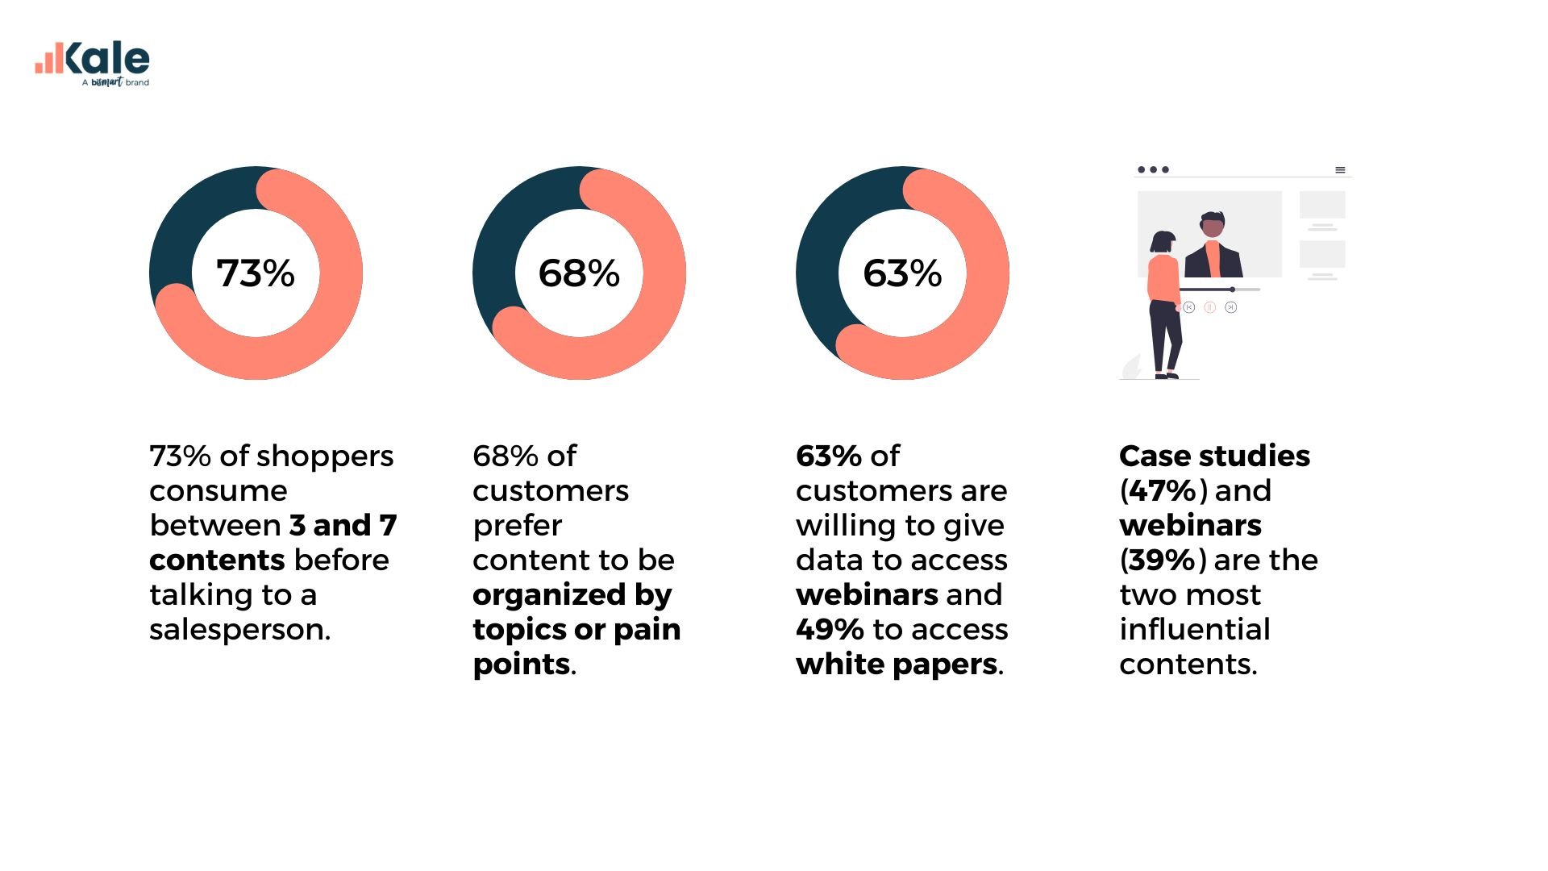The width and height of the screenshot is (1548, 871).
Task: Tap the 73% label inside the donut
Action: (x=256, y=273)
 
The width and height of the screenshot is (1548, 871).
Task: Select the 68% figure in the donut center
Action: (x=579, y=273)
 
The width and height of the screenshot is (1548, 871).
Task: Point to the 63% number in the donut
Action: (x=902, y=273)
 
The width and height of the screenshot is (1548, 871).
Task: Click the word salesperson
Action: (x=239, y=630)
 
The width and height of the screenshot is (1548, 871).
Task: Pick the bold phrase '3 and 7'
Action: (x=343, y=526)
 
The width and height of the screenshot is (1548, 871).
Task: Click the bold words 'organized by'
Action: (x=572, y=595)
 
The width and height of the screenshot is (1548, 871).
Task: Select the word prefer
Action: (x=517, y=526)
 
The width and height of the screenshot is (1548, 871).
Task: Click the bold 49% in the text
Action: (x=830, y=630)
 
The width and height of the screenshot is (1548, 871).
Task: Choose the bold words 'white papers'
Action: (x=897, y=665)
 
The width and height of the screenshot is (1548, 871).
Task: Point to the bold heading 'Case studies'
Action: (x=1214, y=456)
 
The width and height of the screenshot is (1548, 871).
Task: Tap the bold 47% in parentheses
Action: (x=1162, y=491)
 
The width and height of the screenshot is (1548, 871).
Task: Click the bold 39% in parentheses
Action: (x=1162, y=561)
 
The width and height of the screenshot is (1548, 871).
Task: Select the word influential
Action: (x=1194, y=630)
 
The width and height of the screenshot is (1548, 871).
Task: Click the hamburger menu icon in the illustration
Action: (x=1340, y=170)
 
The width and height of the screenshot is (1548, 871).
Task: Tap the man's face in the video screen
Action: (x=1213, y=227)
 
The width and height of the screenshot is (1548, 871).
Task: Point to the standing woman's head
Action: (x=1163, y=242)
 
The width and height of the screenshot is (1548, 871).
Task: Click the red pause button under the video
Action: (x=1209, y=307)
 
